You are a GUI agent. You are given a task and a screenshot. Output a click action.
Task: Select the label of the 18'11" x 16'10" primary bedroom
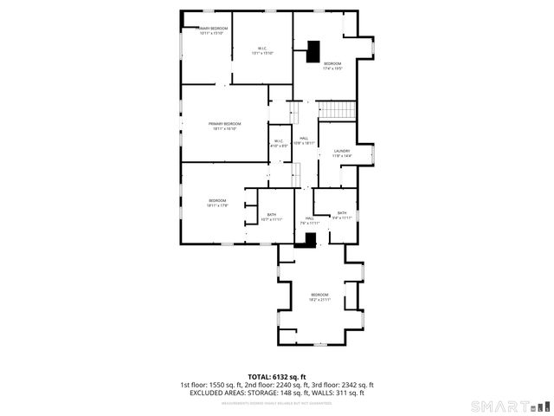[224, 127]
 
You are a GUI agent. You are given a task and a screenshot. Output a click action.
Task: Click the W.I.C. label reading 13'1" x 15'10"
[262, 50]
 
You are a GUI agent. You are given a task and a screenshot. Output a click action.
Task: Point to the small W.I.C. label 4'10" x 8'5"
[279, 143]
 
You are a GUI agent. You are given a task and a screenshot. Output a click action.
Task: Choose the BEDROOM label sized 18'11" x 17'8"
[216, 203]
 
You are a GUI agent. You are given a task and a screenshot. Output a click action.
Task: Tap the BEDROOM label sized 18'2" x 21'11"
[320, 297]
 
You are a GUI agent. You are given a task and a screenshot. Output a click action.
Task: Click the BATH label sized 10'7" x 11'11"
[271, 217]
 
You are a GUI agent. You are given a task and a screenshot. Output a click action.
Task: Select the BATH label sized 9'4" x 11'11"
[342, 215]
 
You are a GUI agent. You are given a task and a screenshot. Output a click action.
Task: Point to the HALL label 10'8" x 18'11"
[304, 140]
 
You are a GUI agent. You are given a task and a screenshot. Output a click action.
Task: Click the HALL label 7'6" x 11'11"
[309, 220]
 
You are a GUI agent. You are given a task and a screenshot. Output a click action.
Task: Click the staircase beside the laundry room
[338, 110]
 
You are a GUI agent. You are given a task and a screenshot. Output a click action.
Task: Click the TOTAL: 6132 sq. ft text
[277, 376]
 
